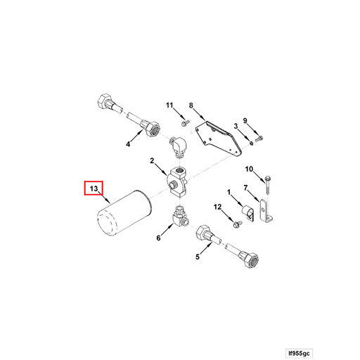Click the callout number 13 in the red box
(94, 189)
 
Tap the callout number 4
(128, 145)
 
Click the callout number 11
(169, 105)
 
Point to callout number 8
(190, 105)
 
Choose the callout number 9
(245, 120)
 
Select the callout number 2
(151, 162)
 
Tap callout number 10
(248, 169)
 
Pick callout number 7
(245, 188)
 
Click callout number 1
(229, 191)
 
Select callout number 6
(158, 238)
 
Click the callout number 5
(198, 257)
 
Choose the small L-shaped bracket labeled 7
(266, 212)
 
